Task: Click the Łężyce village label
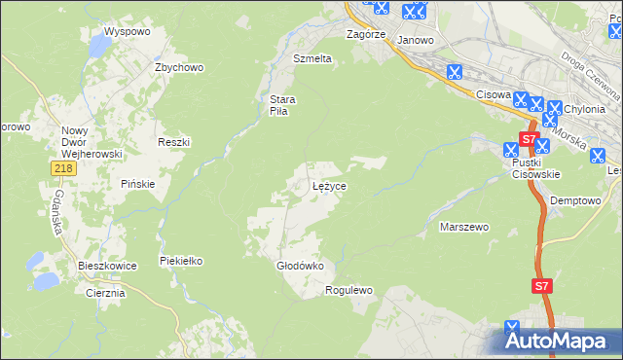(329, 185)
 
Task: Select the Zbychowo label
(178, 67)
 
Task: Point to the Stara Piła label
(282, 104)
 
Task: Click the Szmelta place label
(312, 58)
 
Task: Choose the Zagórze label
(367, 33)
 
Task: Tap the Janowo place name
(416, 40)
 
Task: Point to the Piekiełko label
(180, 261)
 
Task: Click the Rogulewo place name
(349, 290)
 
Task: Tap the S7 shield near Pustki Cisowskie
(526, 140)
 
